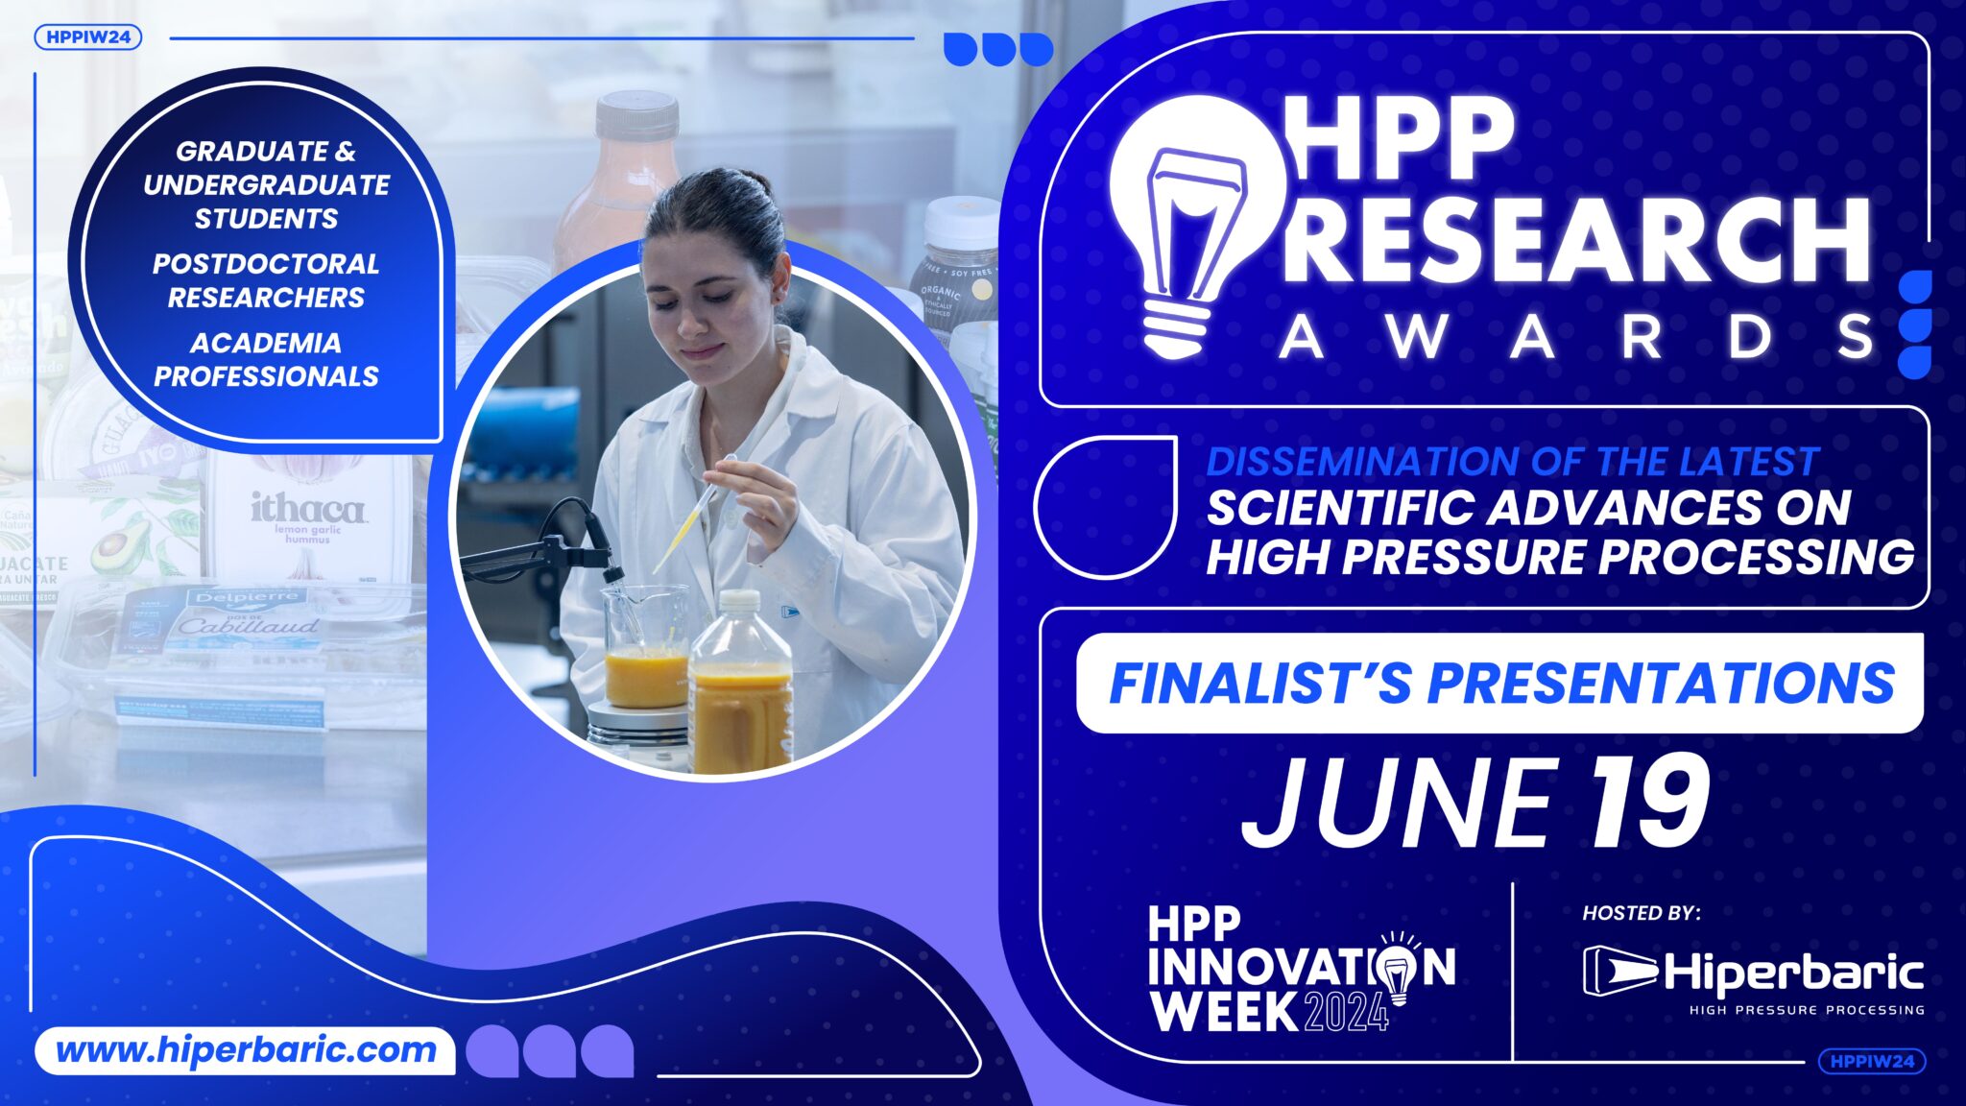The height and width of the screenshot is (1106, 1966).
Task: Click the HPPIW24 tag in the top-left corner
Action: pyautogui.click(x=88, y=37)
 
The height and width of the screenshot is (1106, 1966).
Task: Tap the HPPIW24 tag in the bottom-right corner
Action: pyautogui.click(x=1872, y=1061)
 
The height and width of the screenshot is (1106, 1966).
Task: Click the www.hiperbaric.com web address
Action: pyautogui.click(x=246, y=1050)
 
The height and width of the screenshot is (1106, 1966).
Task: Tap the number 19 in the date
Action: pyautogui.click(x=1650, y=803)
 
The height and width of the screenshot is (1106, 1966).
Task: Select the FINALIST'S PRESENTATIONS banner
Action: pyautogui.click(x=1499, y=683)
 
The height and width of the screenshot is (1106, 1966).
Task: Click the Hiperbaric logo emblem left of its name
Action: pyautogui.click(x=1619, y=972)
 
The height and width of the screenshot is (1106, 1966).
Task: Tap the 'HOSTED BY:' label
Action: pyautogui.click(x=1642, y=913)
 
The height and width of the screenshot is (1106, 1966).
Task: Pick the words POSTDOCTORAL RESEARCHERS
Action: pyautogui.click(x=266, y=280)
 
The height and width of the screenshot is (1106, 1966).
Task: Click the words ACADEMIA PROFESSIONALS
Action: pyautogui.click(x=266, y=359)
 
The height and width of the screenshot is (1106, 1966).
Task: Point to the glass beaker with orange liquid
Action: pyautogui.click(x=645, y=648)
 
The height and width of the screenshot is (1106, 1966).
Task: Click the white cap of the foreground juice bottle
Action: pyautogui.click(x=740, y=601)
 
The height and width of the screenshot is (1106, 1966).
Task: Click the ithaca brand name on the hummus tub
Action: pyautogui.click(x=307, y=508)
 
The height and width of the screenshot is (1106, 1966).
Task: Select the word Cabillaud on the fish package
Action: pyautogui.click(x=248, y=626)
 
